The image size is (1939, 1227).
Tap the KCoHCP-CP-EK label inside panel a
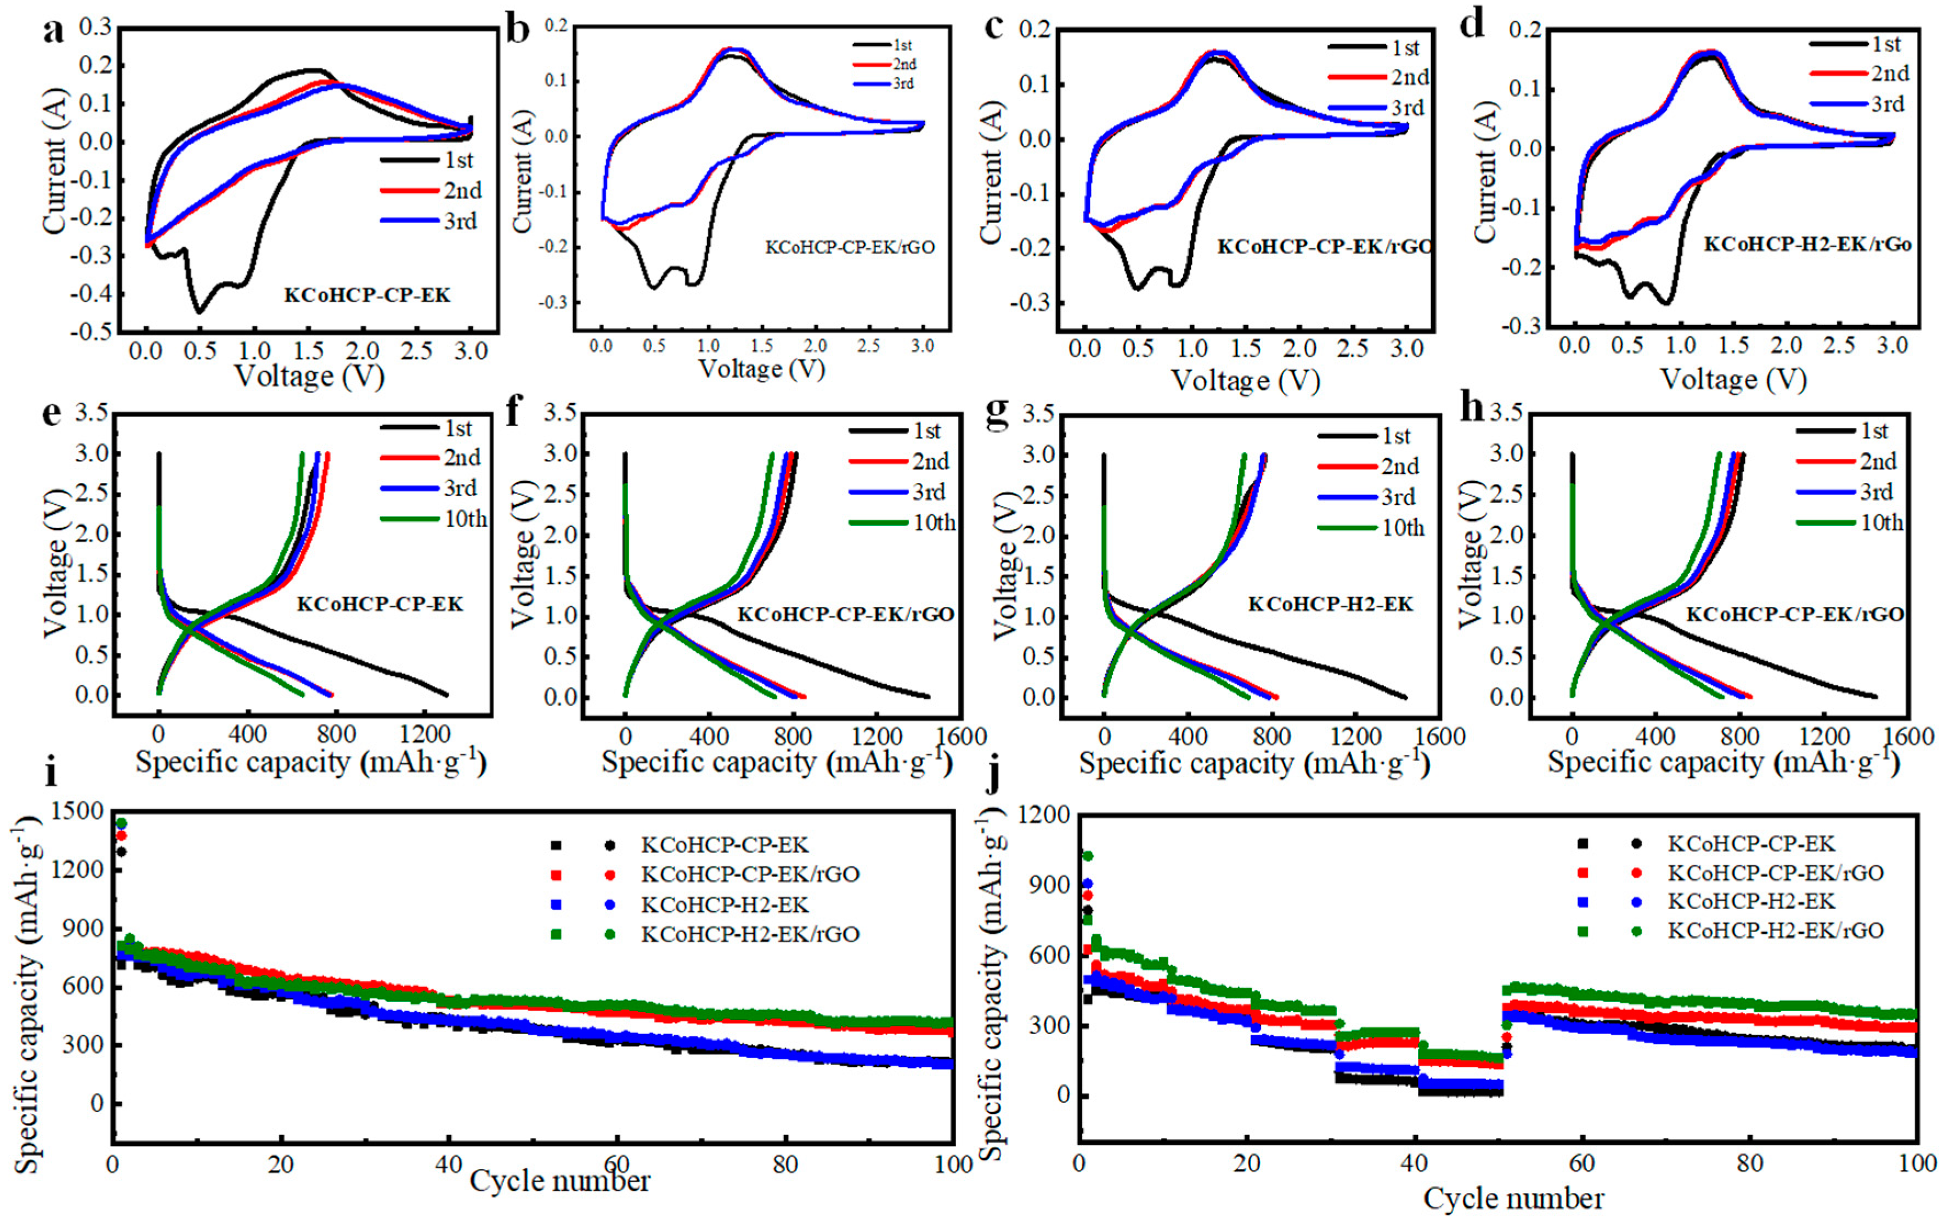367,296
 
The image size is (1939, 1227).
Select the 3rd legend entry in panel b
903,84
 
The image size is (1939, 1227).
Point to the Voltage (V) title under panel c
1245,380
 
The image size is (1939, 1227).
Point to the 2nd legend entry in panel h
1878,461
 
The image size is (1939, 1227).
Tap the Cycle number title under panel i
559,1181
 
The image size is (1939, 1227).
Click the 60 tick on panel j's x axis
1582,1163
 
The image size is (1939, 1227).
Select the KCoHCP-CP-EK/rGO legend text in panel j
1776,873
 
